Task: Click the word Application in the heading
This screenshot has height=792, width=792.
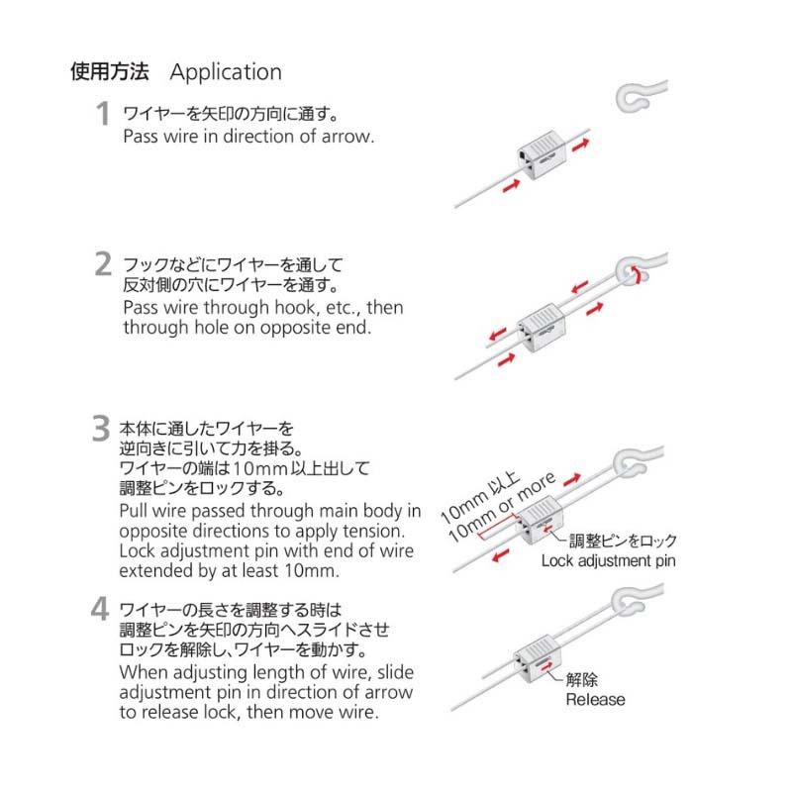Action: pos(226,72)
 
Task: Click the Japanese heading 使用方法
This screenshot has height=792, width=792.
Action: pos(109,72)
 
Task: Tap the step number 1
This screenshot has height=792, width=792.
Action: pos(102,115)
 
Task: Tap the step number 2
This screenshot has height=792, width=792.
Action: pos(102,264)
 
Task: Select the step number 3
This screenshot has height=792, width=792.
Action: pos(100,429)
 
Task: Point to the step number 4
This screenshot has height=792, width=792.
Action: pos(100,606)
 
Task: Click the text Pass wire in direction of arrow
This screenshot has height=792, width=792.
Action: pos(248,136)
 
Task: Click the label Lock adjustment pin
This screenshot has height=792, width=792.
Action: pos(609,561)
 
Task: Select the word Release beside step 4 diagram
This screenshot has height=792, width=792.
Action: pos(595,700)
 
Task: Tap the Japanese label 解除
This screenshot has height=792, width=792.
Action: pos(581,680)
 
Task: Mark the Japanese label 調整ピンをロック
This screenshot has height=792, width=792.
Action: pos(622,542)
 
